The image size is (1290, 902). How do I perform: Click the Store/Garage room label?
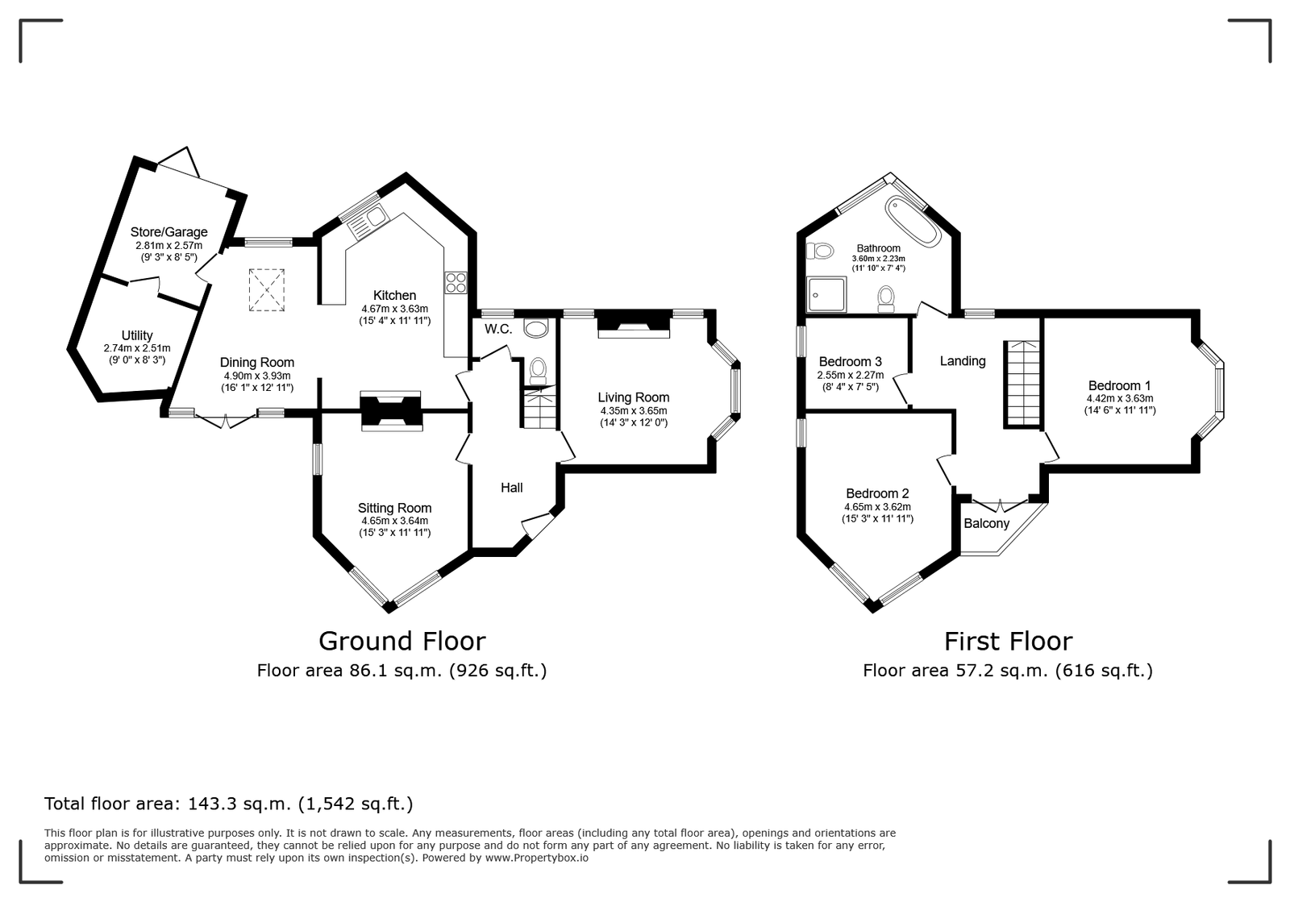pos(169,232)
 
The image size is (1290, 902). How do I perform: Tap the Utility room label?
pos(137,335)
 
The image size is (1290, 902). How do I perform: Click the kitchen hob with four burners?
pos(456,283)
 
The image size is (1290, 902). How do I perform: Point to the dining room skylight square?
pos(267,290)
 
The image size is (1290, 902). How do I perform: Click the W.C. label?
pos(498,329)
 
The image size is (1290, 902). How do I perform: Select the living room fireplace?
pos(634,324)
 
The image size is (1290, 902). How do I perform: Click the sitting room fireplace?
pos(391,411)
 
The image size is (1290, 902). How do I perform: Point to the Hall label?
pos(511,488)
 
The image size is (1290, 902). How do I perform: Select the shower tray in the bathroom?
pos(826,294)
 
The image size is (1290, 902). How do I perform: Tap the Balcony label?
pos(987,523)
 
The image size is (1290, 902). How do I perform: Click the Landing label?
pos(963,361)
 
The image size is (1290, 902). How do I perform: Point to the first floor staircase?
pos(1023,384)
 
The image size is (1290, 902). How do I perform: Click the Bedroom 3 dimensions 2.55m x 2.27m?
pos(850,375)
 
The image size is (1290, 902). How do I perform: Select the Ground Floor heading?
pos(402,642)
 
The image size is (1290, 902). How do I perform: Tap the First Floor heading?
pos(1009,642)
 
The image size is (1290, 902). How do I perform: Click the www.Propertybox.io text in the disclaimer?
pos(537,858)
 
